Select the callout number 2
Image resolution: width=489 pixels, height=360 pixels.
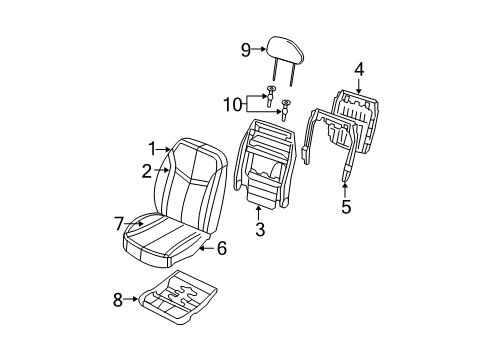click(146, 172)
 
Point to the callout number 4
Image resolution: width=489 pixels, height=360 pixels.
click(358, 68)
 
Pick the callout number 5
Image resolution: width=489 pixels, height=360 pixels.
click(347, 207)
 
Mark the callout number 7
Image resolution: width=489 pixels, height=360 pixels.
click(118, 224)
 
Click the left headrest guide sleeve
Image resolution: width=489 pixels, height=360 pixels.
click(271, 97)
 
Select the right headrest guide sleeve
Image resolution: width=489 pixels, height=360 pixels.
click(287, 107)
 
